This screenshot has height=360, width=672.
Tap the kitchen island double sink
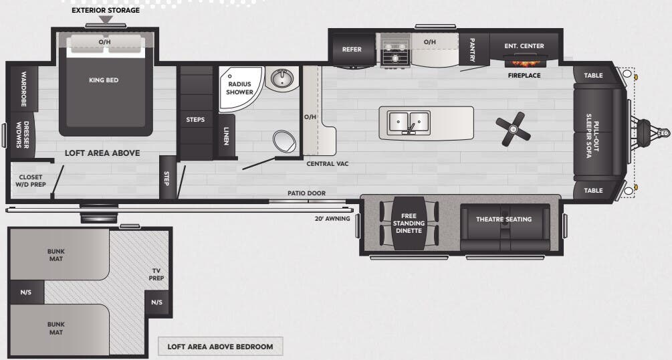(409, 122)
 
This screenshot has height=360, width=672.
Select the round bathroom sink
(282, 78)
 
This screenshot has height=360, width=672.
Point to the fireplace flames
(525, 63)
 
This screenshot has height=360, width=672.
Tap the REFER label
(352, 50)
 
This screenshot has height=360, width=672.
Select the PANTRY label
(472, 50)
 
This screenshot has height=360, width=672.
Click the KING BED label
(104, 80)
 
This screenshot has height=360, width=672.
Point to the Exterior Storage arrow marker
(106, 19)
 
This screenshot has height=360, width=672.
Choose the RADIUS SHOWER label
(239, 88)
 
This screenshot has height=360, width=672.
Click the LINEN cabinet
(226, 136)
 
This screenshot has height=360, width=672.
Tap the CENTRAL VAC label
(328, 163)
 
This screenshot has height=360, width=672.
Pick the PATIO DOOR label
(306, 193)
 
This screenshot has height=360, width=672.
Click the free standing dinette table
(409, 223)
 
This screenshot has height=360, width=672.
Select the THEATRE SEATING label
(504, 219)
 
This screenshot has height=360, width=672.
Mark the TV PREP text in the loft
(156, 274)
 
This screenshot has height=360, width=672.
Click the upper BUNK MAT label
(56, 255)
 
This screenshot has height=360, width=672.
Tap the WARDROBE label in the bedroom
(24, 89)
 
